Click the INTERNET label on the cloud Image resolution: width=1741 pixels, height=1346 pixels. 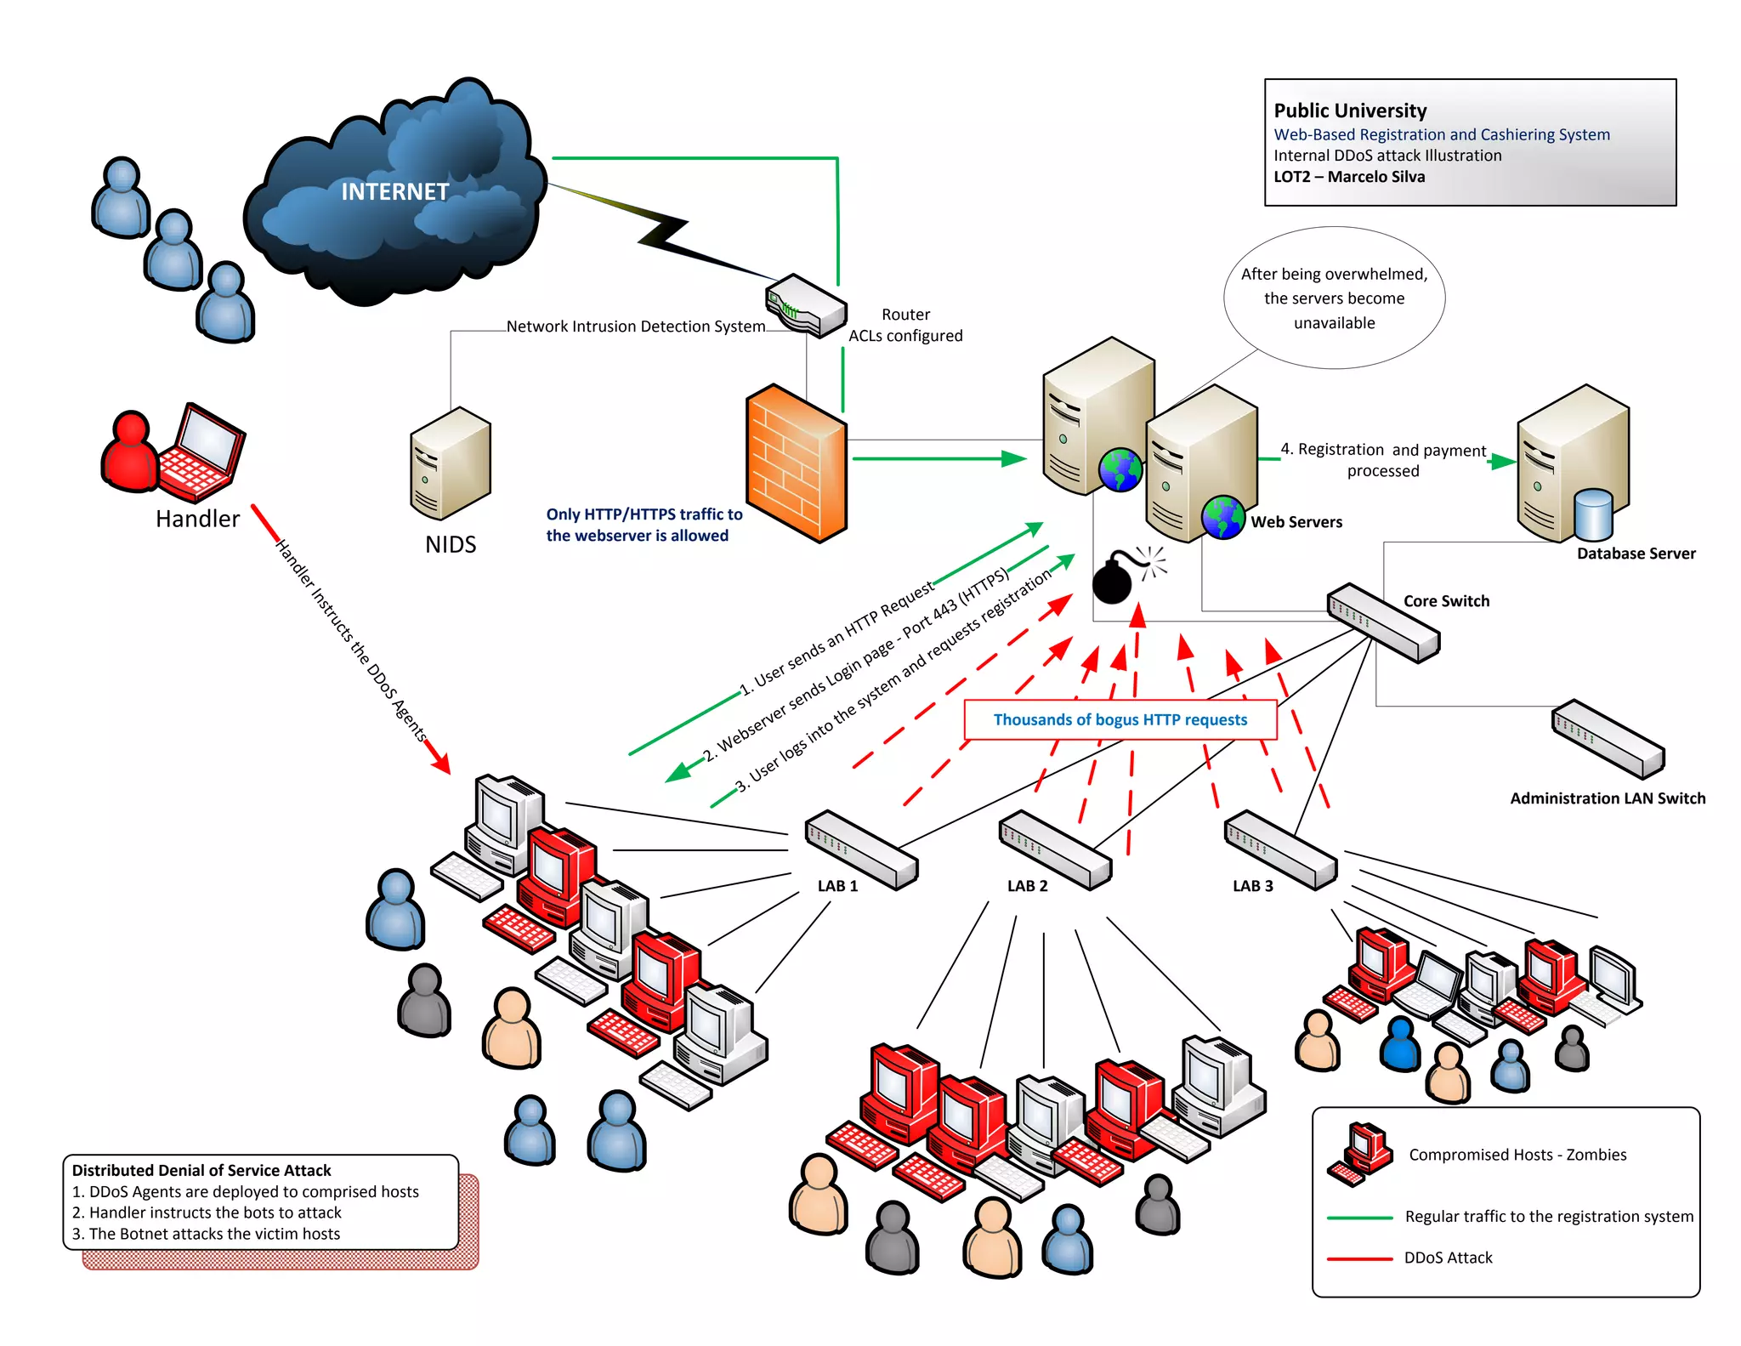point(394,191)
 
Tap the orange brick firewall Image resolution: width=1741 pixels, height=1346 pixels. point(797,463)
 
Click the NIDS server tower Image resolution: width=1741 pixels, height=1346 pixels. point(451,463)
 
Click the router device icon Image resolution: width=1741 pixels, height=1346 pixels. point(806,305)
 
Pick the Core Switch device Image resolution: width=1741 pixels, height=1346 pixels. point(1383,622)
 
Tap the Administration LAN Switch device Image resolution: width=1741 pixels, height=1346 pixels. point(1608,738)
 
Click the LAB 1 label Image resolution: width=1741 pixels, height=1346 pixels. point(837,886)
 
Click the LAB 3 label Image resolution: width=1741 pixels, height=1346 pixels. point(1253,886)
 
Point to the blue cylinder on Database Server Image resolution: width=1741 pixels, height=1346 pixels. point(1593,514)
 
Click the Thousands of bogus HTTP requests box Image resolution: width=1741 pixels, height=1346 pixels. point(1120,719)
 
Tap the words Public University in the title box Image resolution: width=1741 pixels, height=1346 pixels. point(1350,111)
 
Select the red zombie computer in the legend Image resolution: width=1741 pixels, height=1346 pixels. point(1360,1154)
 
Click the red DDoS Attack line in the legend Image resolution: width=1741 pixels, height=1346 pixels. point(1359,1258)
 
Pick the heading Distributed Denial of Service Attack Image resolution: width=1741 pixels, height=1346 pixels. point(201,1170)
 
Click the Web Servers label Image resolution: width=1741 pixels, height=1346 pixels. point(1296,522)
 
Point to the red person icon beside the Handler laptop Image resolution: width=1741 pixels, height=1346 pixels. point(129,452)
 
